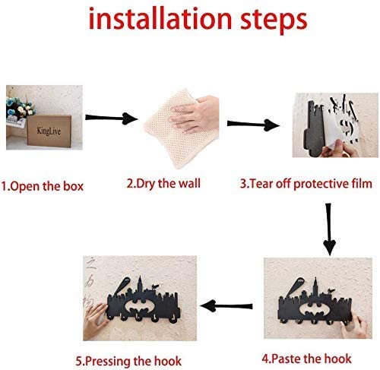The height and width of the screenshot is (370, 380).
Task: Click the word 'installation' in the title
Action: click(x=160, y=18)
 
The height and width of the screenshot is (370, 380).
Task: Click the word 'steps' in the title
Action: click(x=274, y=21)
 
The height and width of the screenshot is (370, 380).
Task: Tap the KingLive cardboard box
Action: click(x=49, y=131)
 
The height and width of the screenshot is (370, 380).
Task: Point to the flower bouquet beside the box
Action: click(x=20, y=109)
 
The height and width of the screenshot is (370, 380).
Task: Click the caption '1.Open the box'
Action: click(x=43, y=186)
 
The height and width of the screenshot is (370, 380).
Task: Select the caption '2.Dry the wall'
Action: click(x=163, y=184)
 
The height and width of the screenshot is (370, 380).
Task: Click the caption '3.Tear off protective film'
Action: click(x=306, y=184)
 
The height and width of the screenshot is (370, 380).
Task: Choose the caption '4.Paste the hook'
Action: click(x=306, y=359)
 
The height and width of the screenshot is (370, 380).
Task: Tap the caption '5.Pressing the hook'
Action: click(x=128, y=361)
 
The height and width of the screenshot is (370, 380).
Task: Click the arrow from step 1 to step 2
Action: click(x=112, y=119)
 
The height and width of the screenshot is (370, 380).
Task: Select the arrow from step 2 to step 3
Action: click(x=253, y=124)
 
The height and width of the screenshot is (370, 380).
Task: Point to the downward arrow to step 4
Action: click(x=329, y=229)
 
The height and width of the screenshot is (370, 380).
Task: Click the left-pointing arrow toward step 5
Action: click(x=226, y=306)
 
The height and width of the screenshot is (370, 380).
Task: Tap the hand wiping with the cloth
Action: click(x=195, y=115)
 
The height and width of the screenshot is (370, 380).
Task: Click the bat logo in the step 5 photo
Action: click(x=142, y=307)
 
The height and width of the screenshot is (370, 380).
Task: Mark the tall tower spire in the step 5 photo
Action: click(x=140, y=284)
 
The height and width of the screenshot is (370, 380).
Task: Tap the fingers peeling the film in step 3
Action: click(x=340, y=150)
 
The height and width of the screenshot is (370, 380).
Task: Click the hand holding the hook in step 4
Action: click(x=355, y=326)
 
